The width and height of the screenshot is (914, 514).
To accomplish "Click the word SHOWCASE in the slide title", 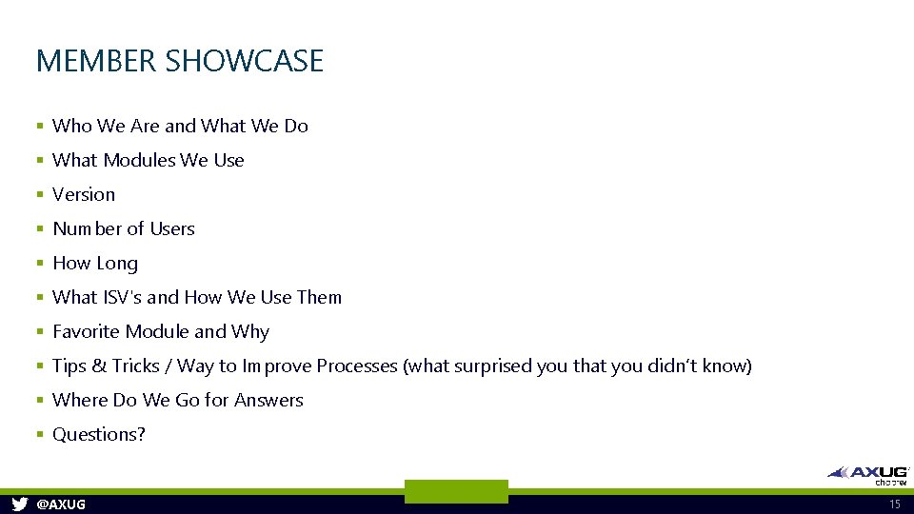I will tap(244, 61).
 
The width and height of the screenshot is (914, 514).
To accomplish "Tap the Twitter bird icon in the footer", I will tap(19, 504).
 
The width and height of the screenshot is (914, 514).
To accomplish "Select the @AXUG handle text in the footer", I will tap(60, 504).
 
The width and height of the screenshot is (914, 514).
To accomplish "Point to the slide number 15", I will tap(894, 504).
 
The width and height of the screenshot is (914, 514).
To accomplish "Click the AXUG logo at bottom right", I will tap(868, 474).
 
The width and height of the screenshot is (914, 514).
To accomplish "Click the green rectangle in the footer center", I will tap(456, 491).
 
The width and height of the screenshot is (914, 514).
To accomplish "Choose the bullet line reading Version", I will tap(84, 194).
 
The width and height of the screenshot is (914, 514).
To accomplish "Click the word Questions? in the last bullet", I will tap(99, 434).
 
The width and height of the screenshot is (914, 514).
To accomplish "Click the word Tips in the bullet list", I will tap(70, 366).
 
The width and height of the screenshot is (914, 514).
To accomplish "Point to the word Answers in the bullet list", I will tap(268, 400).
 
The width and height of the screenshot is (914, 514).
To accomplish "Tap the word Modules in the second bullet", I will tap(139, 160).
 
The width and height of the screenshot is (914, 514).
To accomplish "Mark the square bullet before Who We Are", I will tap(40, 127).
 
